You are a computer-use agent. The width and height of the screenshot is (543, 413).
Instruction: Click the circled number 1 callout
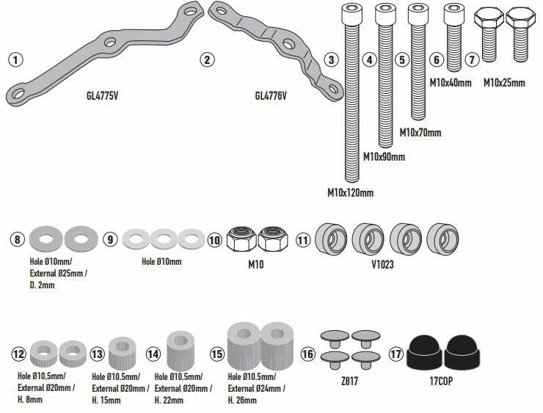(15, 59)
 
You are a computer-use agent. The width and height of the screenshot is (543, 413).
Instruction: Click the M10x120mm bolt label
(350, 193)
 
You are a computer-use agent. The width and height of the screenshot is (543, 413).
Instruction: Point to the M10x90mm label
(385, 157)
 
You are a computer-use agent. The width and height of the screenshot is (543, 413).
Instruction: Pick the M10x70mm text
(420, 133)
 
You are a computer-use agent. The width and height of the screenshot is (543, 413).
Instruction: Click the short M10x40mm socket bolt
(453, 28)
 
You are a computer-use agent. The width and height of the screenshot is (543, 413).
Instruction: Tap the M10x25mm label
(504, 83)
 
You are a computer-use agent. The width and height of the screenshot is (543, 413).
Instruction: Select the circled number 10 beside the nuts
(214, 239)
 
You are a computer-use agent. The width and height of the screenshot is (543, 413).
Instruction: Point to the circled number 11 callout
(302, 239)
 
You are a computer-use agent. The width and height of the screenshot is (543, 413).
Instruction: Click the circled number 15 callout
(216, 354)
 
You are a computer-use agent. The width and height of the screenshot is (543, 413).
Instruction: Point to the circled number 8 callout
(17, 239)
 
